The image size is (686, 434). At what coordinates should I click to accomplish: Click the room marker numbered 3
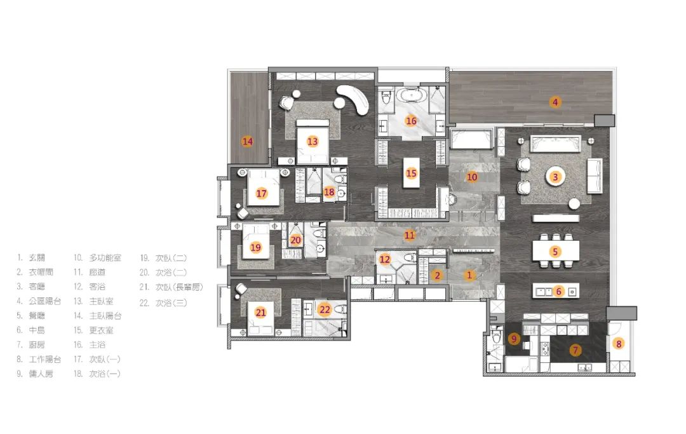(x=556, y=177)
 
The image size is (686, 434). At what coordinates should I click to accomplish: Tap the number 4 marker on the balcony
(x=555, y=102)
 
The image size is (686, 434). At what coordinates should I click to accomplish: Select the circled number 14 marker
(x=248, y=141)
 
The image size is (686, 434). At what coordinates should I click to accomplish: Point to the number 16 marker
(x=411, y=121)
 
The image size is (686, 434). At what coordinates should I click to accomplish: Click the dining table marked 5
(x=556, y=252)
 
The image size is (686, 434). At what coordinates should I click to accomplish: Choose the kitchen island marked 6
(x=556, y=291)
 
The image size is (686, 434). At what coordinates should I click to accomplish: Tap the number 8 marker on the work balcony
(x=619, y=344)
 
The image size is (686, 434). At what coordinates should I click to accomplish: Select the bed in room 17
(x=264, y=187)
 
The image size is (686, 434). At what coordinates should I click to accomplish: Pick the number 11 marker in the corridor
(x=410, y=235)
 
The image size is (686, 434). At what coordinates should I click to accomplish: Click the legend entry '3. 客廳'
(x=30, y=287)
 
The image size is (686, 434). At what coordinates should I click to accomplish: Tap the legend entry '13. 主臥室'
(x=93, y=301)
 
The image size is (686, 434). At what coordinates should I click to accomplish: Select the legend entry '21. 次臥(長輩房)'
(x=171, y=287)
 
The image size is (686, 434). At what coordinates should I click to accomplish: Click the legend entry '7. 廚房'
(x=30, y=345)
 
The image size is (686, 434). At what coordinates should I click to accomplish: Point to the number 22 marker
(x=325, y=309)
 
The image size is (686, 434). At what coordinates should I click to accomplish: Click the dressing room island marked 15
(x=411, y=173)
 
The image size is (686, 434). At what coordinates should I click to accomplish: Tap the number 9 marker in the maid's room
(x=514, y=338)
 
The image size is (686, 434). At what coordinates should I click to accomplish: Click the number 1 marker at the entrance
(x=469, y=275)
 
